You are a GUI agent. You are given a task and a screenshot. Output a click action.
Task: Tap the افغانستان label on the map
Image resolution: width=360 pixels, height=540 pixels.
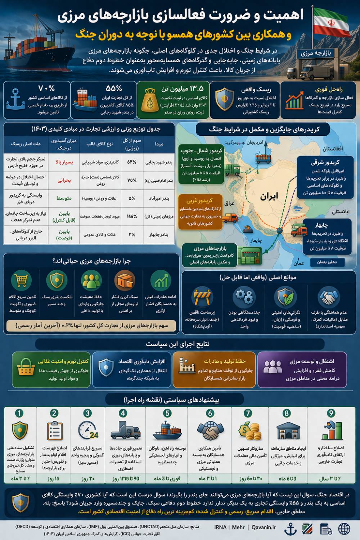[333, 149]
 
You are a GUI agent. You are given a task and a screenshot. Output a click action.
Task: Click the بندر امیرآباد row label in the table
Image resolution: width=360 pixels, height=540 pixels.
[159, 198]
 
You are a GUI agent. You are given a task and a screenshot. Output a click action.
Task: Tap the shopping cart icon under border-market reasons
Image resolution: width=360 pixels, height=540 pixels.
[21, 280]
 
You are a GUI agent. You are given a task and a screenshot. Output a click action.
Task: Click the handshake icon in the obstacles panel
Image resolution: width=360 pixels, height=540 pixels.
[329, 297]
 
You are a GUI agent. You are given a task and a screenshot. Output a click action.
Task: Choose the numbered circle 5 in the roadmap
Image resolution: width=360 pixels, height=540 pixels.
[167, 413]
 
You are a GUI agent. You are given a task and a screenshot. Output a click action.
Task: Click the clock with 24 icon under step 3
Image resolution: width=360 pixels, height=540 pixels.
[88, 430]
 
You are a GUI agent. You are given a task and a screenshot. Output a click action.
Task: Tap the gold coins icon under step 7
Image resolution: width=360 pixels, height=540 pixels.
[249, 431]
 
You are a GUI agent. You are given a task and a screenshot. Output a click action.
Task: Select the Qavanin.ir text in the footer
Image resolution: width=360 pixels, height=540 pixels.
[264, 527]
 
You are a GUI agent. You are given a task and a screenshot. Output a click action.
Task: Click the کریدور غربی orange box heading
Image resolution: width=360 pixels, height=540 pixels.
[199, 201]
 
